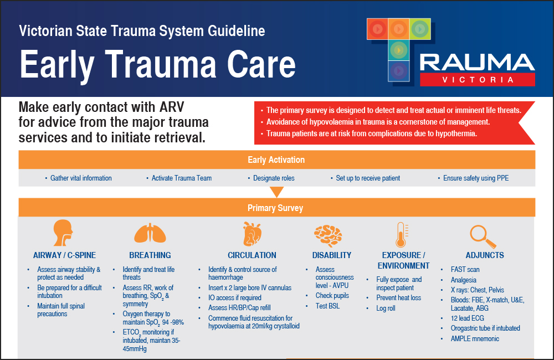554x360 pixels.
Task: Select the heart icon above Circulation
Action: pyautogui.click(x=252, y=234)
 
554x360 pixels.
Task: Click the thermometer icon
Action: pyautogui.click(x=401, y=234)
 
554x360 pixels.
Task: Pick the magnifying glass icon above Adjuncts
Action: pyautogui.click(x=481, y=235)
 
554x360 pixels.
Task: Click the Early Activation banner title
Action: pyautogui.click(x=276, y=160)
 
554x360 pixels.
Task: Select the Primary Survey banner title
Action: pyautogui.click(x=276, y=208)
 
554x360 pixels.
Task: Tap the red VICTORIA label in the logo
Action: pyautogui.click(x=478, y=80)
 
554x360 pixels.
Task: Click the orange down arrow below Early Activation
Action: pyautogui.click(x=276, y=192)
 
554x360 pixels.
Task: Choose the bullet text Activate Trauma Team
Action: pyautogui.click(x=182, y=178)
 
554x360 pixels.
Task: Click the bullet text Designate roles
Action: pyautogui.click(x=274, y=178)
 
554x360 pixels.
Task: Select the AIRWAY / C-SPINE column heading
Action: pyautogui.click(x=64, y=255)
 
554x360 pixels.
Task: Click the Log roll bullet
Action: pyautogui.click(x=386, y=308)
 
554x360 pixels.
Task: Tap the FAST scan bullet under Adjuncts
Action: pyautogui.click(x=465, y=270)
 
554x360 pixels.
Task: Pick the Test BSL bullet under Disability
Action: pyautogui.click(x=328, y=306)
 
